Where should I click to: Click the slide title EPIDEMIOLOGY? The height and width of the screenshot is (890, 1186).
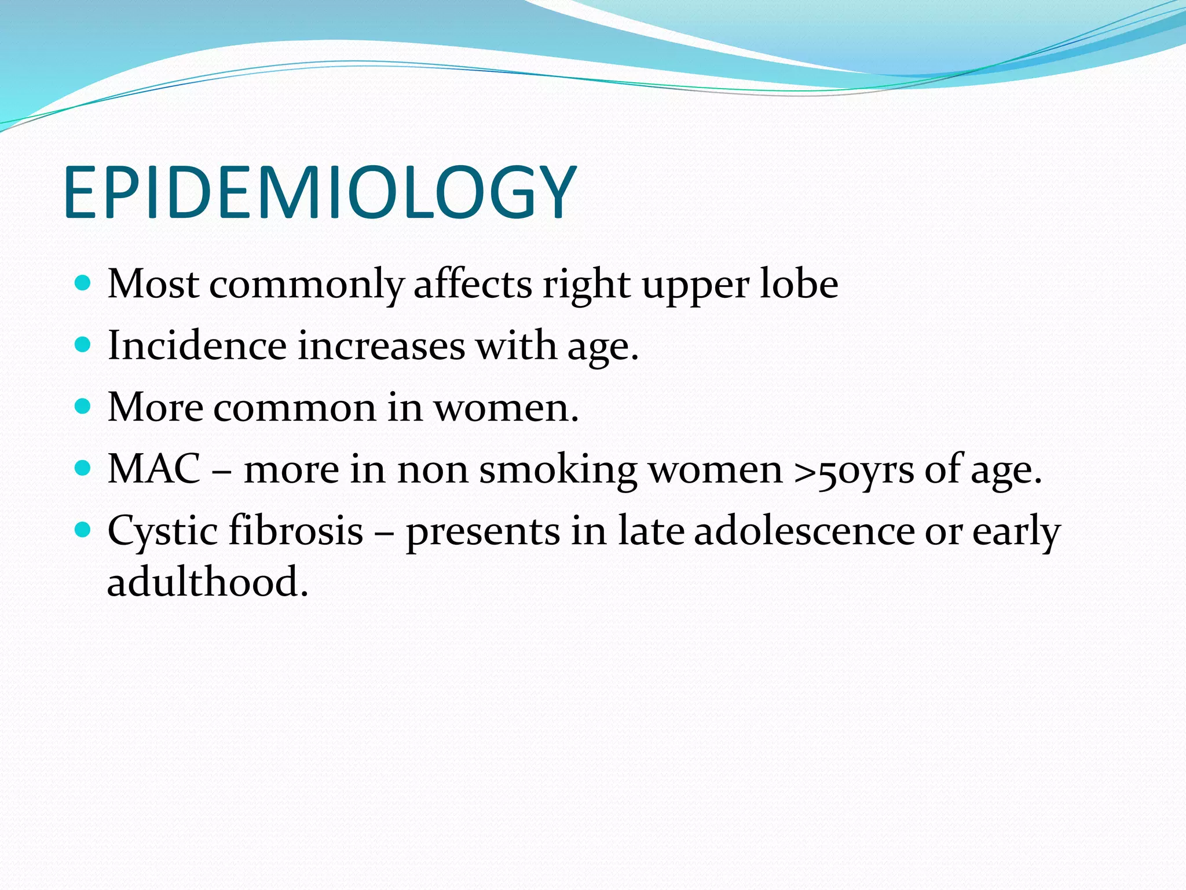click(320, 192)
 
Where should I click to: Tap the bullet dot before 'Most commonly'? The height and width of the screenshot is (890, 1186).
click(83, 283)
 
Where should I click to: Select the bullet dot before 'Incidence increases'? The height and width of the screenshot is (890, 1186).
click(83, 345)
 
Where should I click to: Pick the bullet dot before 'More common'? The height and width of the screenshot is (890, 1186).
click(83, 407)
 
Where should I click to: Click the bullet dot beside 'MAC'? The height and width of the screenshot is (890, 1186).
click(83, 468)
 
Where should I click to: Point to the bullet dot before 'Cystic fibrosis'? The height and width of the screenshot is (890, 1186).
click(83, 530)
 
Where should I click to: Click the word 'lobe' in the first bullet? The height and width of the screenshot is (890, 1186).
click(799, 284)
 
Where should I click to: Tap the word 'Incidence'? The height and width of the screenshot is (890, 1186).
click(197, 346)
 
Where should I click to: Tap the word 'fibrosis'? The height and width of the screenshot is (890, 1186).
click(296, 531)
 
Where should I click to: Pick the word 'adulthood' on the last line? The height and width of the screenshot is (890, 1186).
click(208, 582)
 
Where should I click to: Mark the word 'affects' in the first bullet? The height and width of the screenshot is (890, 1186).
click(473, 284)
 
